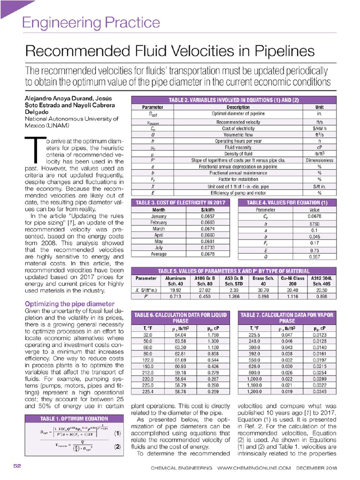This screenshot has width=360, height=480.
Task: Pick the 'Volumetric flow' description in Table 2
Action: pyautogui.click(x=231, y=134)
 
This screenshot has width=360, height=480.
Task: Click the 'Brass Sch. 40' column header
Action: pyautogui.click(x=262, y=280)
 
